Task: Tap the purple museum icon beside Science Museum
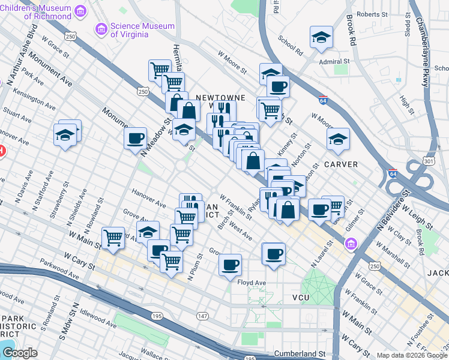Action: coord(101,29)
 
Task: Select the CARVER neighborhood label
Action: coord(342,164)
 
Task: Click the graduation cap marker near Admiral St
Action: coord(321,37)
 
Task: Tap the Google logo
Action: coord(20,353)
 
